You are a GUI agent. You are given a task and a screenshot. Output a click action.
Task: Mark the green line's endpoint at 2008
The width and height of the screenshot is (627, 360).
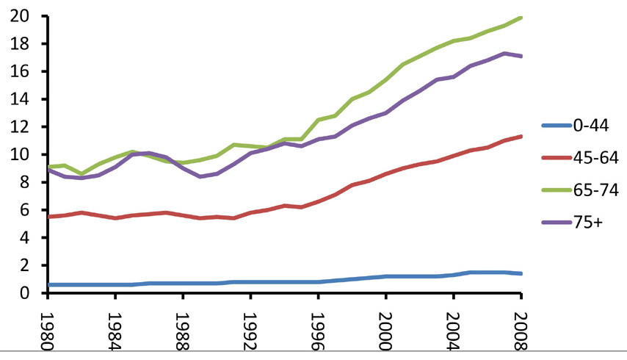pos(521,18)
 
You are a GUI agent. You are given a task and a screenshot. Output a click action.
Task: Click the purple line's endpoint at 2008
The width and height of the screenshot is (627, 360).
pos(521,56)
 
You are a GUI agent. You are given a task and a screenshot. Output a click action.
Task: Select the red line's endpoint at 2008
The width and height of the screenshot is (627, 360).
pos(521,137)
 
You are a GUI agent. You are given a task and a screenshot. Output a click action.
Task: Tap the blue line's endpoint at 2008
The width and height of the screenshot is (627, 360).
pos(521,273)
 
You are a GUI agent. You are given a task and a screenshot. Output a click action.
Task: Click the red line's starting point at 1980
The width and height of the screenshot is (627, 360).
pos(48,217)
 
